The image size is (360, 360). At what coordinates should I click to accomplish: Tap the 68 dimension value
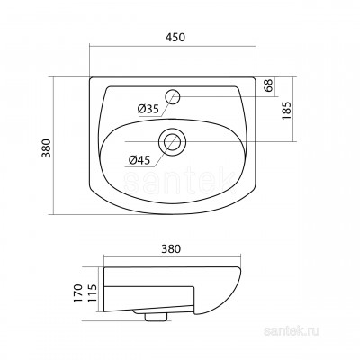click(x=269, y=85)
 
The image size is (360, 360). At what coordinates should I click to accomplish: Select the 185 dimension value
click(x=286, y=111)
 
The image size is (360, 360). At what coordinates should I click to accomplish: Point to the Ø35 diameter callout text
click(x=148, y=109)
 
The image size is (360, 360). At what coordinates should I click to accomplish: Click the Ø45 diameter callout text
click(x=139, y=160)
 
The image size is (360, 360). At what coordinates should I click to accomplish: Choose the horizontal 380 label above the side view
click(x=172, y=248)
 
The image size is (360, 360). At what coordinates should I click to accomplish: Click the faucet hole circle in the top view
click(x=172, y=96)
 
